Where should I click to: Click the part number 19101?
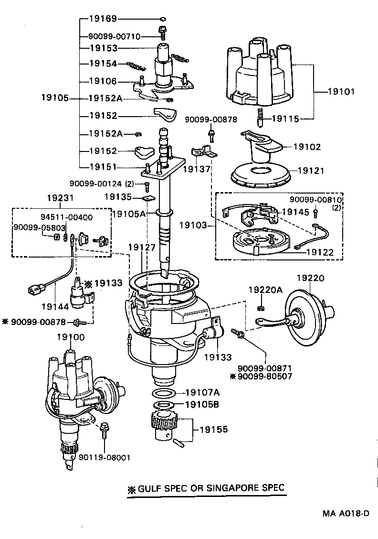click(x=341, y=91)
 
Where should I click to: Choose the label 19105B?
click(x=202, y=405)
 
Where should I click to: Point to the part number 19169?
click(x=103, y=19)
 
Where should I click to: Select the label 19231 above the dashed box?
click(x=61, y=197)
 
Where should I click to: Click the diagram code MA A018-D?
click(x=345, y=514)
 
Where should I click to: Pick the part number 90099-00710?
click(x=115, y=36)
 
